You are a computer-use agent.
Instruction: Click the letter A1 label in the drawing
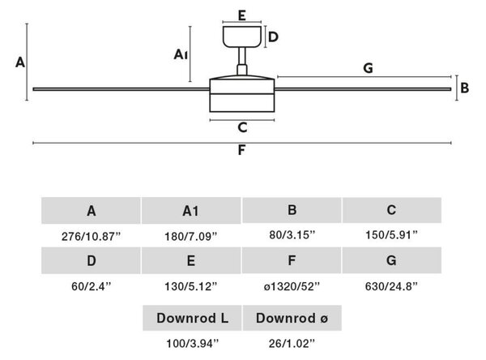tap(181, 54)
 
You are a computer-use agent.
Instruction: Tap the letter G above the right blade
tap(368, 68)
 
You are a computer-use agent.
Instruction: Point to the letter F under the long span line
tap(241, 150)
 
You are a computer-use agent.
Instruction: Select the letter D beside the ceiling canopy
tap(273, 37)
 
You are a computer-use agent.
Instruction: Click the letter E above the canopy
tap(242, 15)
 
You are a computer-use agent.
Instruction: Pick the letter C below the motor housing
tap(242, 127)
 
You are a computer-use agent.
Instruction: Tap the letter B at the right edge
tap(465, 88)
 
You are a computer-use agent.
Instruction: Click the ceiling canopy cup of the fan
tap(242, 36)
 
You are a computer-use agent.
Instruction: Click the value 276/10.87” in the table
tap(91, 237)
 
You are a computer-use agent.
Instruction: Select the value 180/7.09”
tap(191, 237)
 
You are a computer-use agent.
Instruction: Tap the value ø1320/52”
tap(292, 286)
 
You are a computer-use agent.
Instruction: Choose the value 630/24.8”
tap(391, 286)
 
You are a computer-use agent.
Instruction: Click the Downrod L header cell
tap(192, 318)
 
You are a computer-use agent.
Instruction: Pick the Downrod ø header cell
tap(292, 318)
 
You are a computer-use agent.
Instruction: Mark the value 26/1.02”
tap(292, 343)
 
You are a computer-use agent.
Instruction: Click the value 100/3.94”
tap(193, 343)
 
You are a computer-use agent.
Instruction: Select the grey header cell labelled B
tap(292, 210)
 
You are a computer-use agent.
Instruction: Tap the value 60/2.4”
tap(91, 286)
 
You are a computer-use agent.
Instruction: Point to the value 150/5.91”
tap(391, 235)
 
